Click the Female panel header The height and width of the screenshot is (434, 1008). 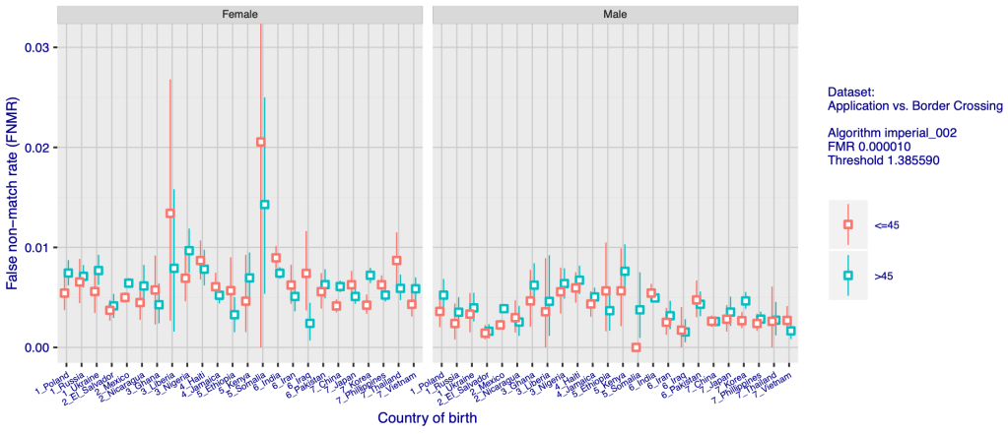(x=240, y=15)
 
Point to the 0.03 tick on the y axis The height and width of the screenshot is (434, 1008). (x=37, y=47)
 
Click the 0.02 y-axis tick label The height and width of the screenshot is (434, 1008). (x=37, y=148)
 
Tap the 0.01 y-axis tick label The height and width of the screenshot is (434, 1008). (x=37, y=247)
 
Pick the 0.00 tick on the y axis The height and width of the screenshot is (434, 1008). (x=37, y=347)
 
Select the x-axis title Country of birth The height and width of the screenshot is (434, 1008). (x=428, y=418)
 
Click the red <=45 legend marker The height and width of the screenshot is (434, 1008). (x=847, y=224)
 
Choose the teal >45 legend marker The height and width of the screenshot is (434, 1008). (x=847, y=276)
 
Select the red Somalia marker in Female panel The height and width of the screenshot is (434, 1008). (x=261, y=142)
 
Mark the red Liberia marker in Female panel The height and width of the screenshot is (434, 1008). (x=170, y=214)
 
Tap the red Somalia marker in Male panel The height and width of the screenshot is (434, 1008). (x=636, y=347)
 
